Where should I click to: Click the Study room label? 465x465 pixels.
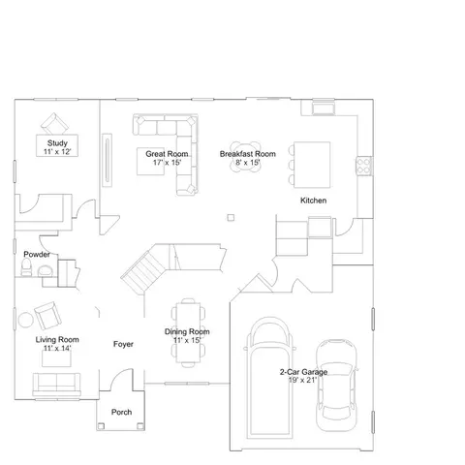[57, 143]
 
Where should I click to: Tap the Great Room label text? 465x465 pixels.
[167, 154]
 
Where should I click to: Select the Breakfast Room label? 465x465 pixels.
[248, 154]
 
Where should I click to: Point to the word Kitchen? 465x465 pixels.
[313, 201]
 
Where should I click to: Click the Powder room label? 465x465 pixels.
[37, 255]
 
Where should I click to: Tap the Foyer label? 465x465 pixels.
[123, 344]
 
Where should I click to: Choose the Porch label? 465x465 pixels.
[121, 412]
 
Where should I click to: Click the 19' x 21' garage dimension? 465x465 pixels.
[302, 380]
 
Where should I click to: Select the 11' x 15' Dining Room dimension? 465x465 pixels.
[187, 340]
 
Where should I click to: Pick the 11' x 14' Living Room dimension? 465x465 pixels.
[57, 348]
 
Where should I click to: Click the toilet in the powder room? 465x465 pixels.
[26, 267]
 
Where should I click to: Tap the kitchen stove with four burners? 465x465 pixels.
[364, 166]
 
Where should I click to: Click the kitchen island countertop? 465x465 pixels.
[312, 165]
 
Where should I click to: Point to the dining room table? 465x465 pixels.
[188, 332]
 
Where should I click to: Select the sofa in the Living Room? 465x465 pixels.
[56, 385]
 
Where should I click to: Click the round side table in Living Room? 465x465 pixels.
[25, 320]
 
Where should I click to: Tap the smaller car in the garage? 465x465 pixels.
[336, 386]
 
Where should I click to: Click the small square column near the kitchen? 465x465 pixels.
[231, 218]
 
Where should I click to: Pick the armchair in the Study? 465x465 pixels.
[54, 124]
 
